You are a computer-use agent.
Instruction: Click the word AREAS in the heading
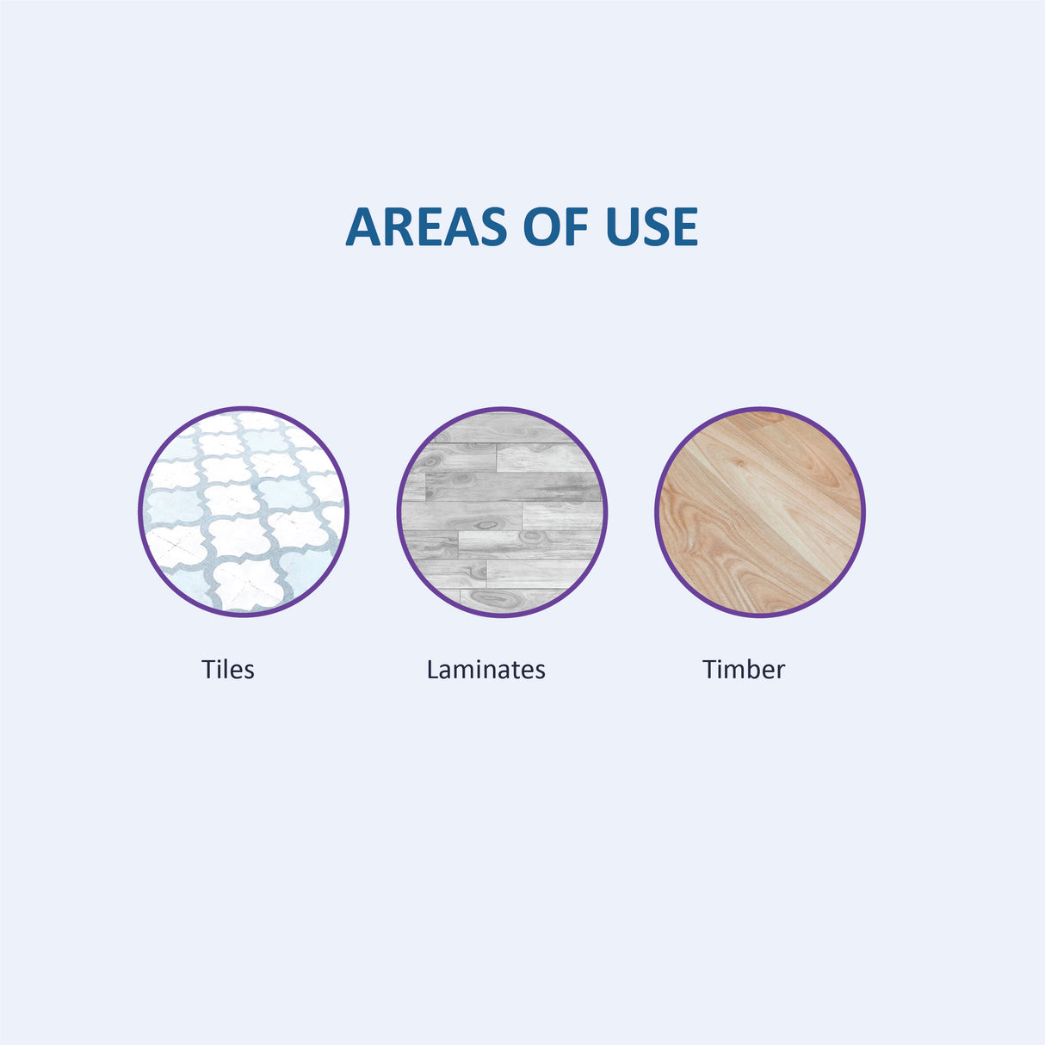click(x=426, y=226)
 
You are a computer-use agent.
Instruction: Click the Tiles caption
click(x=228, y=669)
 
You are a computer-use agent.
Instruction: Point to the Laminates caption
click(x=485, y=669)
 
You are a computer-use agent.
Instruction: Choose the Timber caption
click(x=744, y=669)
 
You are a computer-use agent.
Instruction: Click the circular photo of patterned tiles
click(x=244, y=512)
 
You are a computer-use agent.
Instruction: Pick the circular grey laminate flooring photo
click(x=502, y=512)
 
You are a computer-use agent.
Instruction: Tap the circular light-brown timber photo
click(x=760, y=512)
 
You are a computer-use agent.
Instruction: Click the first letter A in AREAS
click(x=363, y=226)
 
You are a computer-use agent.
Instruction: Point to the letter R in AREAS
click(x=398, y=226)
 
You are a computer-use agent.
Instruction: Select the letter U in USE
click(x=621, y=227)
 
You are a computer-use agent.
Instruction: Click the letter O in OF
click(x=541, y=226)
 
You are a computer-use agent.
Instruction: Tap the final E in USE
click(x=687, y=226)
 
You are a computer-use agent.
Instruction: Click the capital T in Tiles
click(x=209, y=670)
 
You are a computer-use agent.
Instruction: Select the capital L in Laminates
click(x=433, y=670)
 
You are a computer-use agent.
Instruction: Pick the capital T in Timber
click(x=710, y=670)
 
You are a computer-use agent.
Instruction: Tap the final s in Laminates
click(x=540, y=672)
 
